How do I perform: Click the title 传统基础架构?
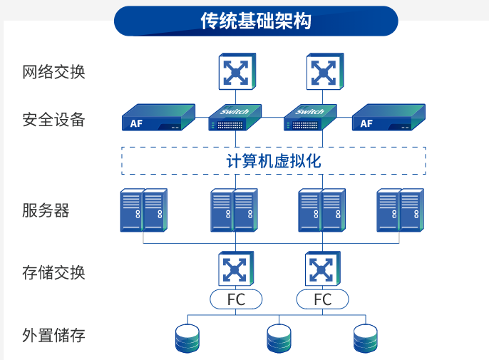tap(256, 21)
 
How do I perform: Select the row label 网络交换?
tap(53, 72)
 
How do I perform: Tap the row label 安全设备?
tap(53, 119)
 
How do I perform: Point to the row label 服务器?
tap(46, 210)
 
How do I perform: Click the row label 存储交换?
tap(53, 272)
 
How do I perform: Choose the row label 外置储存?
tap(53, 334)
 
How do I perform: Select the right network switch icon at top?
tap(323, 72)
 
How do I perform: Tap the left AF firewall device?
tap(158, 118)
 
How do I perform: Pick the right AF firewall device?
tap(389, 118)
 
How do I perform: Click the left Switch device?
tap(235, 119)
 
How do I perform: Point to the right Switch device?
tap(309, 119)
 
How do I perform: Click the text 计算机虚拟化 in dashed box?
tap(273, 161)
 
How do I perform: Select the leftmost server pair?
tap(143, 210)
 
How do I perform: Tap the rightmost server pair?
tap(401, 210)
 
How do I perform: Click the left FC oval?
tap(236, 299)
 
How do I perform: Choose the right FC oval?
tap(323, 299)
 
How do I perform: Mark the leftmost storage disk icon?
tap(187, 339)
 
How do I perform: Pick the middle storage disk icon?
tap(279, 339)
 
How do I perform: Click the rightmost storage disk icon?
tap(366, 339)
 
